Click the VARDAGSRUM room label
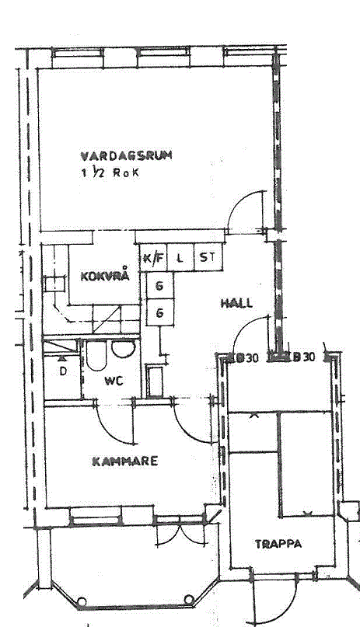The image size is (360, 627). (x=127, y=155)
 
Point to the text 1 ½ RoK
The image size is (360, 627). (x=110, y=172)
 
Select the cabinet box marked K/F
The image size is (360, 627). (x=153, y=258)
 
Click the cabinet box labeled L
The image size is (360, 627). (x=180, y=258)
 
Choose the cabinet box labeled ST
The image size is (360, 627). (x=208, y=257)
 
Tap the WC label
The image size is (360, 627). (x=114, y=381)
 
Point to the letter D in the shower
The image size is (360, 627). (x=63, y=371)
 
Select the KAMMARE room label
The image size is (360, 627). (x=125, y=461)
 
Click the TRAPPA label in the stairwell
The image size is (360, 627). (x=278, y=544)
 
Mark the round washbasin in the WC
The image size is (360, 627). (x=123, y=348)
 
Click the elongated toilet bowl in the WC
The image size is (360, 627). (x=96, y=356)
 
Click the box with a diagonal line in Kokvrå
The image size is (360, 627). (x=107, y=319)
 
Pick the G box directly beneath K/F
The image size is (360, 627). (x=159, y=285)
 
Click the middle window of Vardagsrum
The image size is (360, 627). (x=163, y=52)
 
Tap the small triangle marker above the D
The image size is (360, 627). (x=61, y=359)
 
